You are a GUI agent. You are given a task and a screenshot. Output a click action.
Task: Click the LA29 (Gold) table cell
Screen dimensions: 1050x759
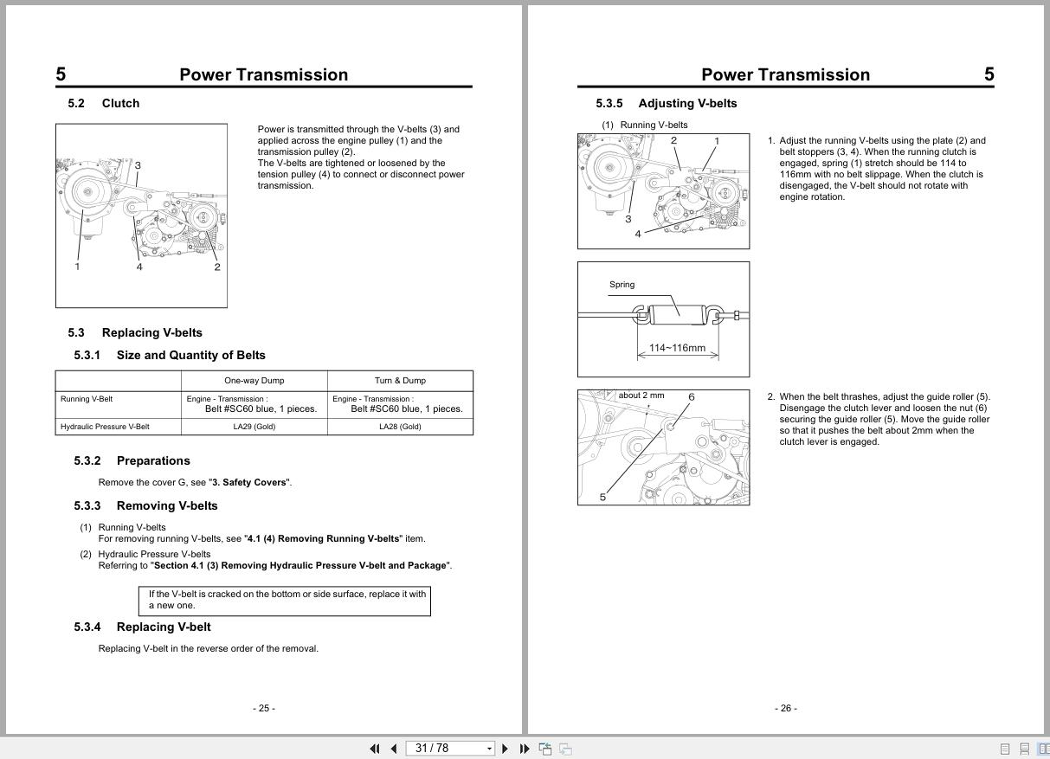254,427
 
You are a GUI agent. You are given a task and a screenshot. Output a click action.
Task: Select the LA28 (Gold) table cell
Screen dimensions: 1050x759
400,427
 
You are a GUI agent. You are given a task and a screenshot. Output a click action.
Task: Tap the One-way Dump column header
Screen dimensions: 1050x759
254,381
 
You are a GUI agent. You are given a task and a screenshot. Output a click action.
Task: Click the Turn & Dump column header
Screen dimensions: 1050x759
400,381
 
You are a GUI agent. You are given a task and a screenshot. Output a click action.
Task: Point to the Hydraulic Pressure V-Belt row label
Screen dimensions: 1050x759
105,427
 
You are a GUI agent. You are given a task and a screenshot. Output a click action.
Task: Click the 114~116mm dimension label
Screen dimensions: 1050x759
677,348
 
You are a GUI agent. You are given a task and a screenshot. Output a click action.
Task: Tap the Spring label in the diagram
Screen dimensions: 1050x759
622,285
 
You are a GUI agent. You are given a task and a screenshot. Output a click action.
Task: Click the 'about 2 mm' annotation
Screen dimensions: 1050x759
641,396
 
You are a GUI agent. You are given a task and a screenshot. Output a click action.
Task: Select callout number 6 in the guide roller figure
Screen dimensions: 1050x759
691,397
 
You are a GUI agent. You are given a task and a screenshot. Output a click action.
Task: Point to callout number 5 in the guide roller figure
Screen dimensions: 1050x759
602,497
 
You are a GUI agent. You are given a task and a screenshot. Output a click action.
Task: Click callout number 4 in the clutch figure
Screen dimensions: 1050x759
139,267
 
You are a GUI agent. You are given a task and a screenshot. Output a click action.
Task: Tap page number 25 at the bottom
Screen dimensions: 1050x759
264,708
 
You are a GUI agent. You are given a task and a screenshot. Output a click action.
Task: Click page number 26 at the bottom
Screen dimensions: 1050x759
786,708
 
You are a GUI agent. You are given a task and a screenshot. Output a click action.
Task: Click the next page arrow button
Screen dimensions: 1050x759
505,749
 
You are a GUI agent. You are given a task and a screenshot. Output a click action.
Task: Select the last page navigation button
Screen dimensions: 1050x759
525,749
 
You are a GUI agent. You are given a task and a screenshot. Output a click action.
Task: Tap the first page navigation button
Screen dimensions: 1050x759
375,749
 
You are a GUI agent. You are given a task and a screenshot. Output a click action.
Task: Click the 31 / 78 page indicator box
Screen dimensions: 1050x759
450,749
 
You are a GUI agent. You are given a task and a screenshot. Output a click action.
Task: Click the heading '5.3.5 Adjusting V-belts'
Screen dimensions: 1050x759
666,103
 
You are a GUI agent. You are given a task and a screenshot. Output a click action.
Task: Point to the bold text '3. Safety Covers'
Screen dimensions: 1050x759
249,482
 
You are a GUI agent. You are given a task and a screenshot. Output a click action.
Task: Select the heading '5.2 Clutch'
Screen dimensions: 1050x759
104,103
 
